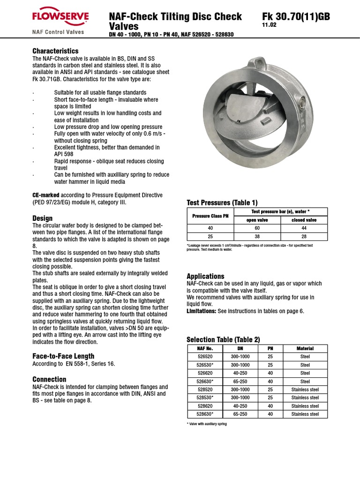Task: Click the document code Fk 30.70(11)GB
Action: click(296, 17)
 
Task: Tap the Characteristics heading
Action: click(55, 51)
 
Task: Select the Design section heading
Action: click(42, 218)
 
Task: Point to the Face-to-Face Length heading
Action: click(63, 356)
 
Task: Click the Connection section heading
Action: click(49, 379)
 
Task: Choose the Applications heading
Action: click(205, 276)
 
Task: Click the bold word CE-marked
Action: click(45, 195)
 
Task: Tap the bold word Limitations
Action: click(202, 311)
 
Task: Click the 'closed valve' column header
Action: click(304, 220)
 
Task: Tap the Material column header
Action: click(305, 348)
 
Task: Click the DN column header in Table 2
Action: click(240, 348)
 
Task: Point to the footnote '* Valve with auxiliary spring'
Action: click(207, 424)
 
